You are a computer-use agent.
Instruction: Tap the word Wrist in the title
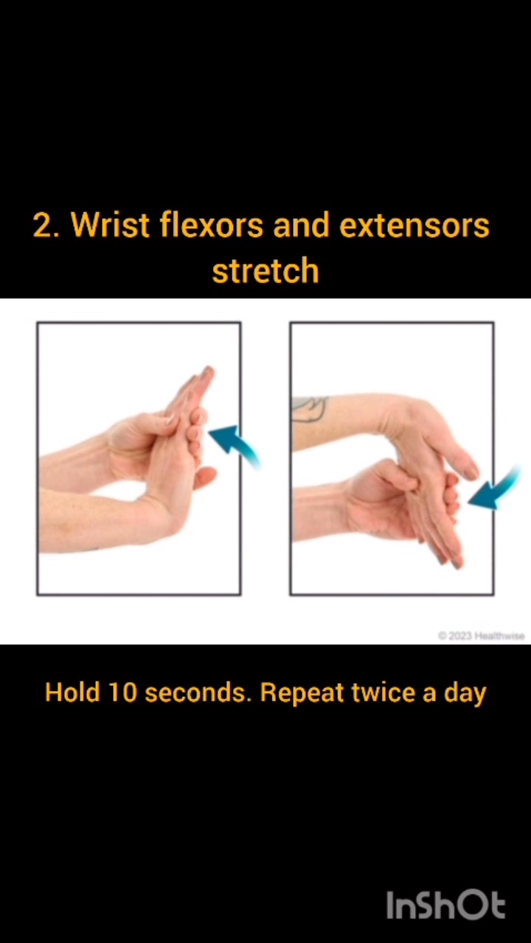point(111,225)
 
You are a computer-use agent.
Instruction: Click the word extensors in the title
point(414,225)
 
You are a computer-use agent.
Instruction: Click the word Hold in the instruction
point(72,693)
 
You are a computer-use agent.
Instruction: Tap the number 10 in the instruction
point(123,693)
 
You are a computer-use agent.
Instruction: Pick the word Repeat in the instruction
point(302,693)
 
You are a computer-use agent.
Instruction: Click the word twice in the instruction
point(383,693)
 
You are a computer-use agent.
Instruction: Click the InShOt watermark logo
point(446,905)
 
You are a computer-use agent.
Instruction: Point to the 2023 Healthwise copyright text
point(482,636)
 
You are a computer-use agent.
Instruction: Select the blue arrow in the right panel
point(493,491)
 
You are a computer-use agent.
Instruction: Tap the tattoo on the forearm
point(310,409)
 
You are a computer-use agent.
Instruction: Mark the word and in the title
point(302,225)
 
